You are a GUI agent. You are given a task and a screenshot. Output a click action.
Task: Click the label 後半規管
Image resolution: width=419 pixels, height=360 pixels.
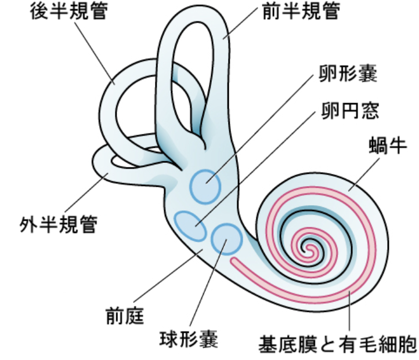[x=69, y=13]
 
